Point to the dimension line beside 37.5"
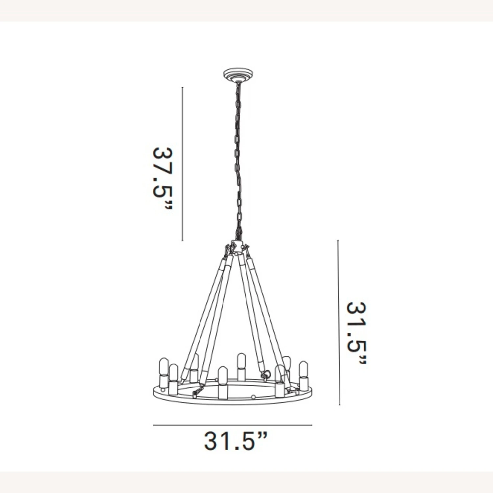[x=182, y=164]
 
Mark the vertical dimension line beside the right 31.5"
[x=339, y=322]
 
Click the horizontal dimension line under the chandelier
[x=232, y=425]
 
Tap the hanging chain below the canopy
[x=237, y=158]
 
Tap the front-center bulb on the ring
[x=223, y=374]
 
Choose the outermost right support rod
[x=268, y=312]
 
